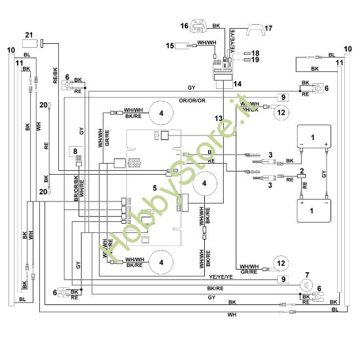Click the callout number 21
pyautogui.click(x=28, y=35)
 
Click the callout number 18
pyautogui.click(x=255, y=52)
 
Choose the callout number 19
pyautogui.click(x=255, y=60)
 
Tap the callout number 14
pyautogui.click(x=237, y=84)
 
